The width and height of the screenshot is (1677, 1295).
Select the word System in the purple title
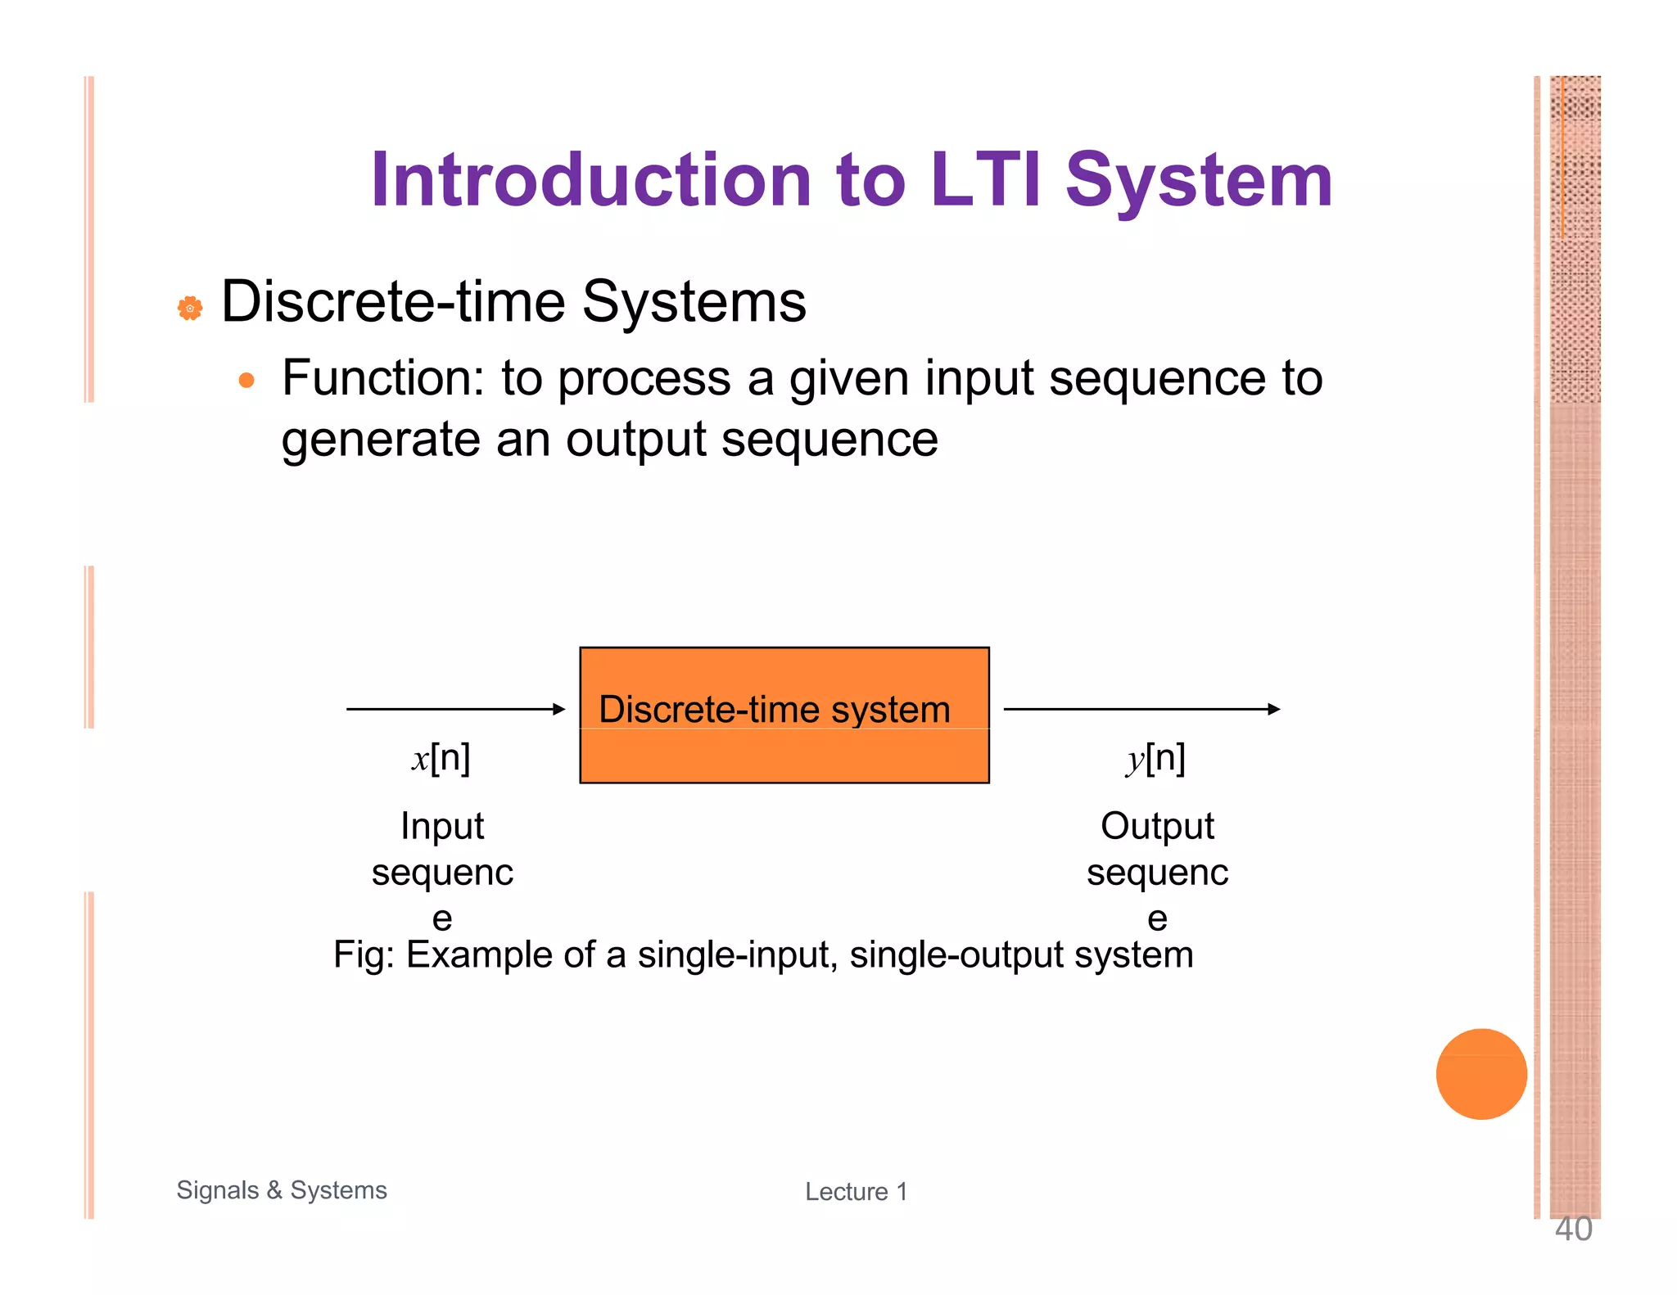click(x=1199, y=182)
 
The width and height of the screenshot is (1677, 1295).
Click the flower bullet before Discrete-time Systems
click(x=190, y=309)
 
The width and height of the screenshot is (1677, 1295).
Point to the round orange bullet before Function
click(x=246, y=381)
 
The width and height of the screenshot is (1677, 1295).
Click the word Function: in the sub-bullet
click(x=383, y=379)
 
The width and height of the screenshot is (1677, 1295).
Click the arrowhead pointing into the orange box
click(x=559, y=709)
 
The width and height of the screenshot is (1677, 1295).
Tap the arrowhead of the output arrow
click(x=1273, y=709)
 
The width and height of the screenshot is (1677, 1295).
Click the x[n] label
click(x=441, y=758)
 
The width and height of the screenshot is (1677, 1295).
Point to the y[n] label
click(x=1155, y=758)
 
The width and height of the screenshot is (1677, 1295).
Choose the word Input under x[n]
click(x=442, y=825)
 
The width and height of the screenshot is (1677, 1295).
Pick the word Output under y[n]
click(x=1157, y=825)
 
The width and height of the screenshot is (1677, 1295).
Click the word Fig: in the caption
click(x=364, y=954)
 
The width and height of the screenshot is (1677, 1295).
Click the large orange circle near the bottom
click(x=1480, y=1074)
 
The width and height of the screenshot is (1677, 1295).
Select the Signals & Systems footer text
click(x=282, y=1189)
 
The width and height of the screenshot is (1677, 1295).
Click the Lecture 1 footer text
click(x=856, y=1192)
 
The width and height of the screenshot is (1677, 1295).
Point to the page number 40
click(x=1573, y=1230)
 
